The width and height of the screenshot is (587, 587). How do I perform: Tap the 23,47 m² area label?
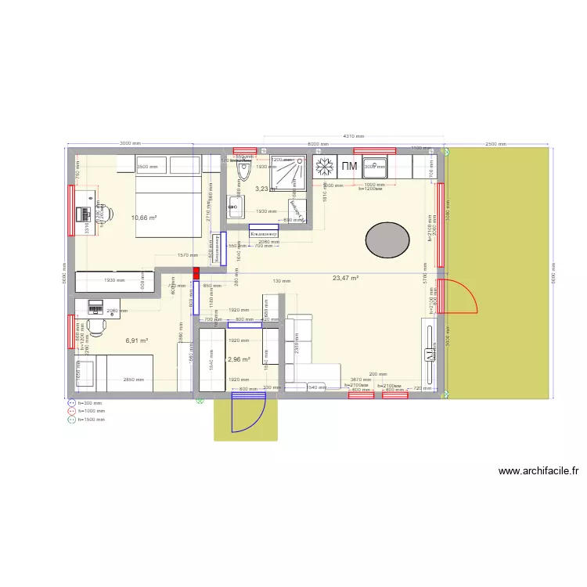click(345, 278)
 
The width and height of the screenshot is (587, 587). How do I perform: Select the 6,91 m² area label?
click(136, 340)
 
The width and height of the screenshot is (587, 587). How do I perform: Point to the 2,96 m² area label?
click(238, 360)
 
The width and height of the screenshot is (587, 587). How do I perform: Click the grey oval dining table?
click(388, 240)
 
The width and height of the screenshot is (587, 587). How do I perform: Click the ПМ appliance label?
click(349, 167)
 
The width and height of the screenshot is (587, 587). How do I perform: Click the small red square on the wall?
click(196, 272)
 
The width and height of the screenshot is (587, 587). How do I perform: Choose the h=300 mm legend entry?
click(90, 403)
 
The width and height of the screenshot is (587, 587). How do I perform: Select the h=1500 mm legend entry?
click(91, 420)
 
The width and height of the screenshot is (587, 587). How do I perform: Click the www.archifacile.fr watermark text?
click(538, 471)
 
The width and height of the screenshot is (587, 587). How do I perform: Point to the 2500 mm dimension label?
click(495, 144)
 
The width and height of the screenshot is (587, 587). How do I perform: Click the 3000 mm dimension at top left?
click(130, 144)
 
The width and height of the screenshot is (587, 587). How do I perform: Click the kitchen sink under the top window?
click(374, 167)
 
